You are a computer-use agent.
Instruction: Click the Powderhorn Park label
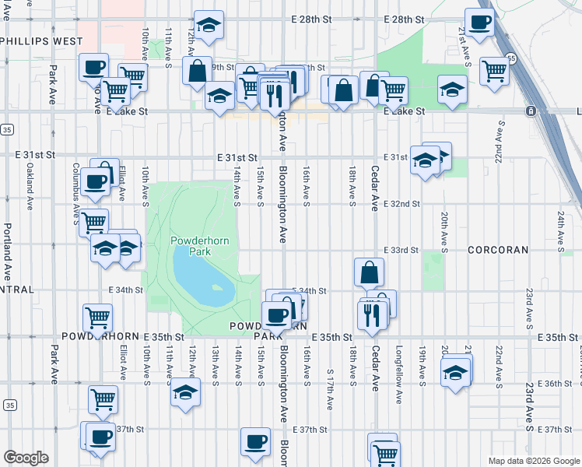click(200, 246)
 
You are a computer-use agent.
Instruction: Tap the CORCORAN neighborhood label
click(498, 251)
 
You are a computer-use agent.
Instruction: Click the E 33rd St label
click(401, 251)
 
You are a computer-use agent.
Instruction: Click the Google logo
click(26, 457)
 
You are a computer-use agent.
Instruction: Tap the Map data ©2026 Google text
click(533, 461)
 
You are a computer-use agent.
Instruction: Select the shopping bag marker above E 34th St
click(369, 272)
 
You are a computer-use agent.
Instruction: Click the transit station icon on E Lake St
click(529, 111)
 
